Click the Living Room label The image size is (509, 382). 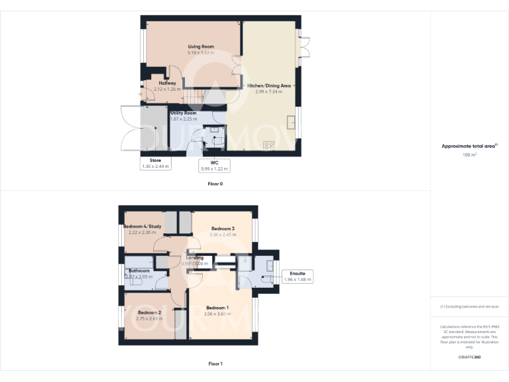[x=200, y=46]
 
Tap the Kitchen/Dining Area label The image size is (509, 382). [x=268, y=86]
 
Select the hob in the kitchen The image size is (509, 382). [x=270, y=145]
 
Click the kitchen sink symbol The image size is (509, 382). [x=291, y=122]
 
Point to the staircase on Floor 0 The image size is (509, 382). [x=193, y=99]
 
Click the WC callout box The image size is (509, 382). [x=214, y=165]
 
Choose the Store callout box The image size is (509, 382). [x=155, y=163]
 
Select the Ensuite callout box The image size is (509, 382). [x=297, y=277]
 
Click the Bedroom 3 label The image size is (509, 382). [x=223, y=228]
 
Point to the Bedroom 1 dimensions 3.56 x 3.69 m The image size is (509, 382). [x=217, y=314]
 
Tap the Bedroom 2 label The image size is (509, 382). [x=149, y=312]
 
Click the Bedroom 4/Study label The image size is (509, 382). [x=142, y=226]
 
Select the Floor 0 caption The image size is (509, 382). [x=215, y=183]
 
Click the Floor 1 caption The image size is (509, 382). [x=215, y=363]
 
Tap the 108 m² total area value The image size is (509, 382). [x=469, y=155]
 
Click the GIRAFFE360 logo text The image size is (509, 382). [x=469, y=357]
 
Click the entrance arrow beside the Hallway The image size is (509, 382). [x=139, y=94]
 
